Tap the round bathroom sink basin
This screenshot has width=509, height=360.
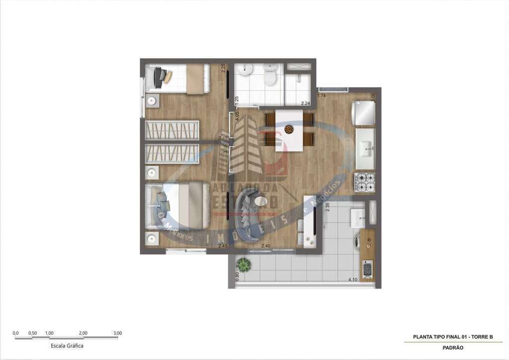(x=244, y=70)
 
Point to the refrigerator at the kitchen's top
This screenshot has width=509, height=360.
(x=364, y=113)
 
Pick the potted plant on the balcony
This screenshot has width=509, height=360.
(x=244, y=264)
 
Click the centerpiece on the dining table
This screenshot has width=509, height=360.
(x=289, y=130)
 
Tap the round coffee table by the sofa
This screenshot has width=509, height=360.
(x=269, y=202)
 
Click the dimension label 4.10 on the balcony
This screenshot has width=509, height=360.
(x=353, y=280)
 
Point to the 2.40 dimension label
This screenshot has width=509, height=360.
(x=266, y=246)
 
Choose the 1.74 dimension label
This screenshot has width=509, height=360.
(x=321, y=95)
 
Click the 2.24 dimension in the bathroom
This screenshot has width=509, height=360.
(x=305, y=103)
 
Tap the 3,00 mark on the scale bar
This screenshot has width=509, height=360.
(x=117, y=333)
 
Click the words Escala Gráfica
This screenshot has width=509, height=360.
(x=67, y=346)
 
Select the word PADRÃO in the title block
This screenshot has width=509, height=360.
(x=453, y=348)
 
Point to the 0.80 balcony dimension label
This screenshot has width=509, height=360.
(x=237, y=276)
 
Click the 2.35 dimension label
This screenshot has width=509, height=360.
(x=328, y=207)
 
